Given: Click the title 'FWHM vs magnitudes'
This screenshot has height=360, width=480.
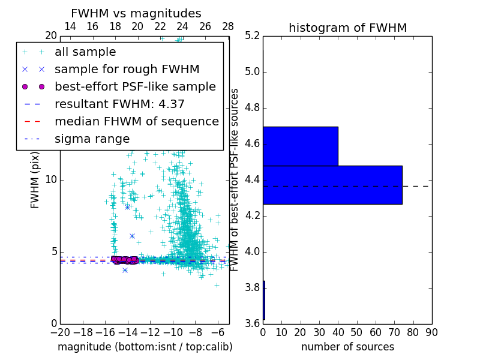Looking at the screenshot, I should click(136, 13).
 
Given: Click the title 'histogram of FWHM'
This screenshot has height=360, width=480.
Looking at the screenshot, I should click(347, 28).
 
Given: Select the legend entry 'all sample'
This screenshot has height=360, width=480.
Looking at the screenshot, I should click(85, 52).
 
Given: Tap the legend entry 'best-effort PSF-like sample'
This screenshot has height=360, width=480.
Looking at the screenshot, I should click(135, 86).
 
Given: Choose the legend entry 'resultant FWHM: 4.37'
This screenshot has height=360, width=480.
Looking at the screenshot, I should click(119, 104).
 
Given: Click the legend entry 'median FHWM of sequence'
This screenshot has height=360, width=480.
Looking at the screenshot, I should click(136, 121).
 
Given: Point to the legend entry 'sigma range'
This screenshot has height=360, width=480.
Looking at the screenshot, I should click(92, 139).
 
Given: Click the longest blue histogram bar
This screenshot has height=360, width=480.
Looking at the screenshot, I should click(332, 185).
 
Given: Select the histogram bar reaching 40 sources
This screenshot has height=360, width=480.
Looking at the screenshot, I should click(300, 146).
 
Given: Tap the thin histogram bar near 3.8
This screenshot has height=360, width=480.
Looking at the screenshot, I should click(264, 300).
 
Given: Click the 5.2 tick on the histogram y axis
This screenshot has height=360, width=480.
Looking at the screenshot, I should click(252, 36).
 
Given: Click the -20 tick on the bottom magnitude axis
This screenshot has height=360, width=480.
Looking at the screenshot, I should click(60, 332).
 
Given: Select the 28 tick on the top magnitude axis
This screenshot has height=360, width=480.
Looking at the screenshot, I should click(228, 27).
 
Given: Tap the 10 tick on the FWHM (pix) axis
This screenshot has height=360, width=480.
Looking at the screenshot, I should click(52, 179).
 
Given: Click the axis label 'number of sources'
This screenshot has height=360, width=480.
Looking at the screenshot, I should click(347, 347).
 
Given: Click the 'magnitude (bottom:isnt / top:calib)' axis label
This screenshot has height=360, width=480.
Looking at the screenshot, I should click(145, 347).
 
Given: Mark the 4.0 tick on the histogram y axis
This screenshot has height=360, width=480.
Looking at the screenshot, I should click(252, 251).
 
